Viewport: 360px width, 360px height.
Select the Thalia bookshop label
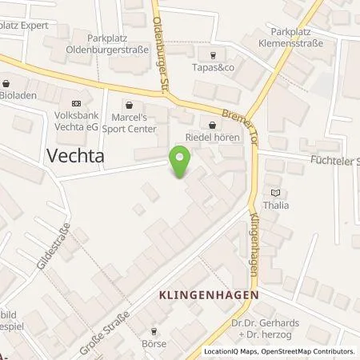coord(276,205)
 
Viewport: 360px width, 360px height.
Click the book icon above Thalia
coord(276,192)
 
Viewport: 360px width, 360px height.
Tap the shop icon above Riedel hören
coord(211,125)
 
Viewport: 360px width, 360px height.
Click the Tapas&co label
coord(212,67)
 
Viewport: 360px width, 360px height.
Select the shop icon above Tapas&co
coord(212,54)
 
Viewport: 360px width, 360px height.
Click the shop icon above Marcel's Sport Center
coord(129,104)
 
